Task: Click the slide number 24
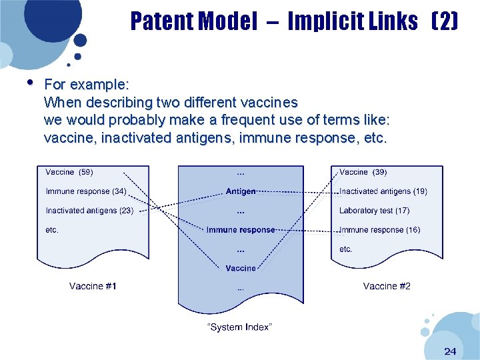[449, 351]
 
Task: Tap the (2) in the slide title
[445, 22]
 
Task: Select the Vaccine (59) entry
[69, 172]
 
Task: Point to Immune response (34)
[86, 191]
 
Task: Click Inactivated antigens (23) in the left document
[89, 211]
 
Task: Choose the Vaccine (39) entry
[363, 172]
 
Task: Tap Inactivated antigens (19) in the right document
[383, 191]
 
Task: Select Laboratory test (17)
[375, 211]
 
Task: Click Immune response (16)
[380, 230]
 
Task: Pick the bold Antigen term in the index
[241, 191]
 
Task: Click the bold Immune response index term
[241, 230]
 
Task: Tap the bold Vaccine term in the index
[241, 268]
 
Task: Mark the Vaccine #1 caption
[93, 286]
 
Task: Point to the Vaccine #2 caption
[387, 286]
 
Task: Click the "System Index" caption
[240, 327]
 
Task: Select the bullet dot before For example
[29, 83]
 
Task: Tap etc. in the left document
[52, 230]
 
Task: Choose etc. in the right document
[346, 249]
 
